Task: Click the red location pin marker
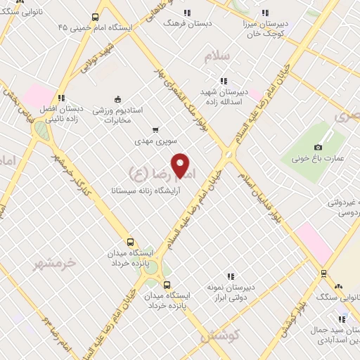click(x=181, y=165)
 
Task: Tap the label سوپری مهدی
click(x=155, y=141)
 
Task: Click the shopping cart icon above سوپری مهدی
click(x=155, y=129)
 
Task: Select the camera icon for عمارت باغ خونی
click(x=318, y=147)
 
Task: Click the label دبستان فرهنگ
click(x=186, y=23)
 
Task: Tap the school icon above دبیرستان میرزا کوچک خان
click(x=264, y=12)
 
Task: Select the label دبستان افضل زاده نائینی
click(x=62, y=115)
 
